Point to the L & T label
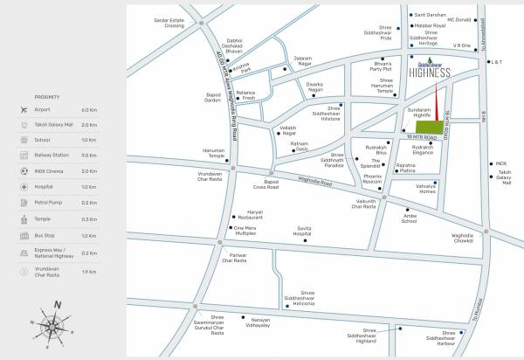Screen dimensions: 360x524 [497, 63]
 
